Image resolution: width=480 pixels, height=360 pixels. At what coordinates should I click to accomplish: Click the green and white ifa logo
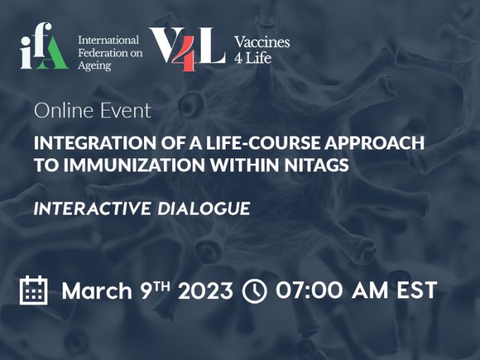[45, 46]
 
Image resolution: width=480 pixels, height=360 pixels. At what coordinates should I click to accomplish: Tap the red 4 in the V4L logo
[184, 53]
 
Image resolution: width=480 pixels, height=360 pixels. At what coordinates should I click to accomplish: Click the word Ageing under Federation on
[95, 66]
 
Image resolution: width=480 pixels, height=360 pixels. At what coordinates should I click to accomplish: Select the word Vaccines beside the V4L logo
[262, 43]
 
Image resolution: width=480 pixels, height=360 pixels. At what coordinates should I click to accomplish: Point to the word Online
[63, 110]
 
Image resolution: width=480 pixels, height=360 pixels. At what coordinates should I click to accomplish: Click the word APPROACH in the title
[374, 143]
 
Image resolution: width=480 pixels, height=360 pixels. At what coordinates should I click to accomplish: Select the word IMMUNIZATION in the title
[134, 165]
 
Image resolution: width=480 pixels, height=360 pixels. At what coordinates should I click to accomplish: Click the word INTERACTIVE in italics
[92, 208]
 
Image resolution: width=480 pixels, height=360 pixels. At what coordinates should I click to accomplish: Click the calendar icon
[34, 290]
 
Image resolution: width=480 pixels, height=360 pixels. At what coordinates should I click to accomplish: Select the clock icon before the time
[254, 291]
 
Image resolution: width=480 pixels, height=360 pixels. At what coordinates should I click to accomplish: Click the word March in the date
[97, 291]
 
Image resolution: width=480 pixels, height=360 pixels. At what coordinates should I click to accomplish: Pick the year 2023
[206, 291]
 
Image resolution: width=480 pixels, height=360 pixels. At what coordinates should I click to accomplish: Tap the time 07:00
[309, 291]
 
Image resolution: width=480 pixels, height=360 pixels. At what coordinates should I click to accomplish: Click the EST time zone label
[417, 291]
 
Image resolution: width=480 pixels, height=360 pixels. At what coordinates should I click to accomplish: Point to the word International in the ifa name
[108, 40]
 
